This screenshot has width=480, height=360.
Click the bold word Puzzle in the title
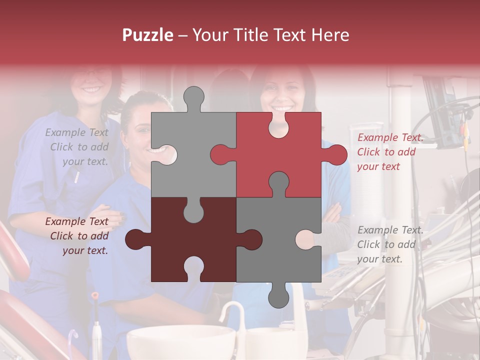(x=147, y=35)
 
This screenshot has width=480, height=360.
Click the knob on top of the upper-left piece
(x=193, y=98)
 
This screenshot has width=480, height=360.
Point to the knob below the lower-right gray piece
(x=278, y=296)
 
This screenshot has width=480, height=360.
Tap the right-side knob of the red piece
(x=336, y=154)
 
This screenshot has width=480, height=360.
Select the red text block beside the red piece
(x=390, y=152)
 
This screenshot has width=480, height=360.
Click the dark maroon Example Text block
(x=77, y=236)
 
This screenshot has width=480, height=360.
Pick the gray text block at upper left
(x=77, y=147)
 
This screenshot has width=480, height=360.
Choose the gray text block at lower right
(x=390, y=244)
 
